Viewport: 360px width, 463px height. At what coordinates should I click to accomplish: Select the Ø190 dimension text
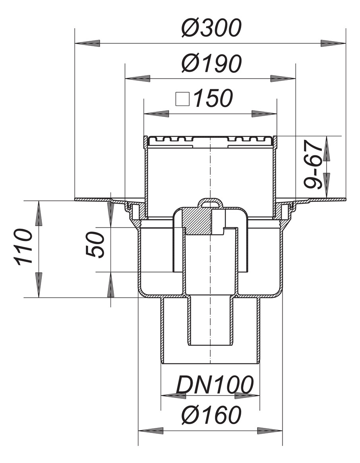point(211,64)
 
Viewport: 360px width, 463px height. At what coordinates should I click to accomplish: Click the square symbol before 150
point(182,99)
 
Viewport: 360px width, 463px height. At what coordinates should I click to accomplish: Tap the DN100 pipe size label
point(214,385)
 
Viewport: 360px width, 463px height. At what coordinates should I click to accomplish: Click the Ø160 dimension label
point(211,415)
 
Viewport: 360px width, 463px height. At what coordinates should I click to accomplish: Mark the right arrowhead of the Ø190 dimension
point(283,78)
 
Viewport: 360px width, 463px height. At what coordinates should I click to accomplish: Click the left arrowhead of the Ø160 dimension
point(151,431)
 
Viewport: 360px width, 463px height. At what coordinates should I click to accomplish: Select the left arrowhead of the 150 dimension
point(155,114)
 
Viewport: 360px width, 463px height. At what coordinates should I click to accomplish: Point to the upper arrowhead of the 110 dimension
point(39,213)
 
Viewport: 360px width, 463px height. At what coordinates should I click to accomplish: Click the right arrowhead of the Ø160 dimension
point(270,431)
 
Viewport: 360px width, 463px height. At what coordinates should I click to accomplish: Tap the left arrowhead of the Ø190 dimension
point(137,78)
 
